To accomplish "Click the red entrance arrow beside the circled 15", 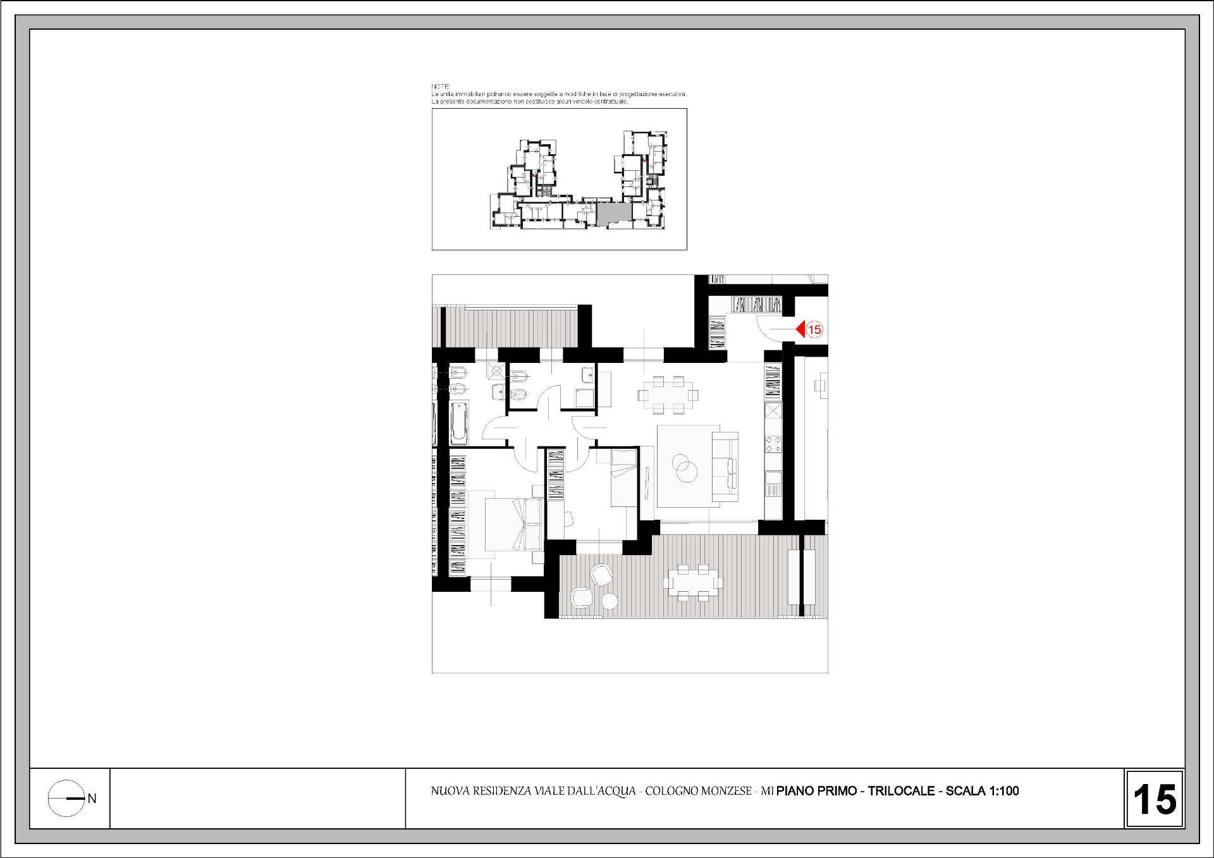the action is click(800, 329).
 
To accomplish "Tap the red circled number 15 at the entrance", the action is click(814, 329).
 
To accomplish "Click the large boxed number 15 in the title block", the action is click(1155, 799).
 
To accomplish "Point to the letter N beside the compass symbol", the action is click(92, 799).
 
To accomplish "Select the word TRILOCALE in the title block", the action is click(901, 791).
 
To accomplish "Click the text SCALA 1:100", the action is click(983, 791).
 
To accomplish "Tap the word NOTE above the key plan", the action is click(440, 86).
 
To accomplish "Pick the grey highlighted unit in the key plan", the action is click(613, 213).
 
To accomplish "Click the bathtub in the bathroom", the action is click(459, 423).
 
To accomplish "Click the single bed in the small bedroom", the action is click(623, 478).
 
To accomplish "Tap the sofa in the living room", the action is click(725, 462).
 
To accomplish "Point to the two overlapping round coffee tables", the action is click(684, 469).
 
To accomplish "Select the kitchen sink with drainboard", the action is click(773, 484).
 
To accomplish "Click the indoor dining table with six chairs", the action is click(668, 395).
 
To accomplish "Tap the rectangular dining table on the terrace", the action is click(693, 580).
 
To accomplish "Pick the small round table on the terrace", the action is click(609, 601).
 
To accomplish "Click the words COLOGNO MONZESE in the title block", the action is click(699, 791).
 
